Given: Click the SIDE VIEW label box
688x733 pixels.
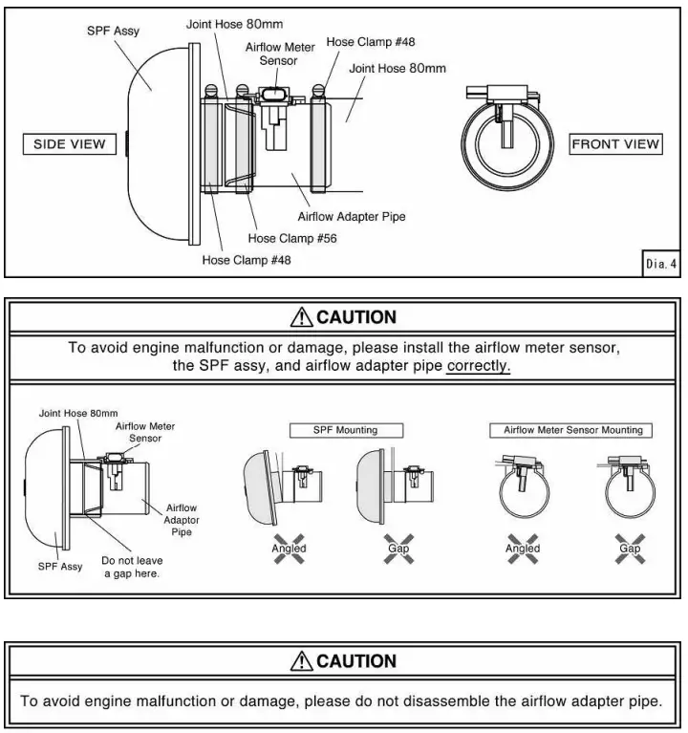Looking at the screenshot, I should click(x=69, y=144).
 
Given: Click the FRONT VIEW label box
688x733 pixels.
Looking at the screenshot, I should click(x=615, y=144).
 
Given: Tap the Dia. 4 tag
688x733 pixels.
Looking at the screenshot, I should click(x=660, y=263).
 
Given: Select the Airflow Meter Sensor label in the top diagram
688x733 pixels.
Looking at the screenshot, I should click(x=279, y=54).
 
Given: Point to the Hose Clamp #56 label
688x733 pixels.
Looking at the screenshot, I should click(x=292, y=239).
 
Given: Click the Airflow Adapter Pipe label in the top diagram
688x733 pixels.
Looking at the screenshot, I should click(x=352, y=217).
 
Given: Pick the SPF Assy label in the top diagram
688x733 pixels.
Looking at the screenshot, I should click(x=114, y=31).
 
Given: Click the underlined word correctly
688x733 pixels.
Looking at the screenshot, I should click(x=478, y=366).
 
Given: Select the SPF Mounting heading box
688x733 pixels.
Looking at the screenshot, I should click(x=346, y=430).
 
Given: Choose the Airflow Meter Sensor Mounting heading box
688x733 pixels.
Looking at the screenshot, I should click(x=573, y=430).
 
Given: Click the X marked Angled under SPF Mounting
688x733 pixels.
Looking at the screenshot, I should click(x=289, y=549).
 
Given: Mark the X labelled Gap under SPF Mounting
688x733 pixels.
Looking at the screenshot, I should click(x=398, y=549).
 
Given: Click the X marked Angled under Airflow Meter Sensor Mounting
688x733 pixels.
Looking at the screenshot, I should click(x=522, y=549).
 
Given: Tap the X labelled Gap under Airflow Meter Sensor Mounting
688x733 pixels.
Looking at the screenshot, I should click(x=630, y=549).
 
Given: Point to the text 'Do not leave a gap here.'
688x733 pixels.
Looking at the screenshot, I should click(x=130, y=567).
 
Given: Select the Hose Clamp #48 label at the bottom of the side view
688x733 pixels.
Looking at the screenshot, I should click(x=247, y=260).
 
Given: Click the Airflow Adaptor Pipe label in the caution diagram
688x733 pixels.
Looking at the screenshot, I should click(x=182, y=520).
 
